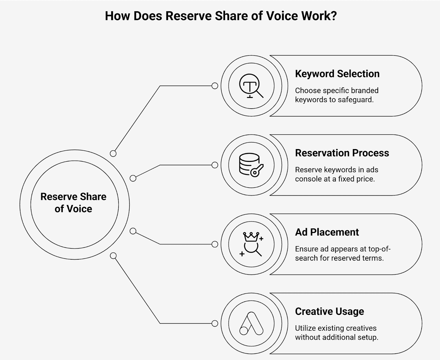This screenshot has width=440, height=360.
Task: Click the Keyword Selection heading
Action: [x=337, y=74]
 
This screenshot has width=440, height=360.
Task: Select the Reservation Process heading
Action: [x=342, y=153]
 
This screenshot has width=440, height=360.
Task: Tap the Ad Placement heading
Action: [x=327, y=232]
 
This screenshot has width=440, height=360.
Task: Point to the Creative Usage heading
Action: [x=329, y=311]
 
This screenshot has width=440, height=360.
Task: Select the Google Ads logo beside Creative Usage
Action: [x=251, y=323]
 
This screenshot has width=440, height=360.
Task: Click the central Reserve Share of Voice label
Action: [x=73, y=203]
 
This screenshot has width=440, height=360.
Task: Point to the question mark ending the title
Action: [x=334, y=16]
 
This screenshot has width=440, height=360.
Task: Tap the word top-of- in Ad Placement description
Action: [x=379, y=249]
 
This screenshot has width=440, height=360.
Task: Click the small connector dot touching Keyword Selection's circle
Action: [x=215, y=86]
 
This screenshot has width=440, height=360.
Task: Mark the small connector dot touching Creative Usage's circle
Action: [x=215, y=323]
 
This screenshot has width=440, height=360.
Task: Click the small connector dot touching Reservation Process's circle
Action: [x=215, y=165]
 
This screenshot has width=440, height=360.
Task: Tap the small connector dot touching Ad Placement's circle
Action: [x=215, y=244]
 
